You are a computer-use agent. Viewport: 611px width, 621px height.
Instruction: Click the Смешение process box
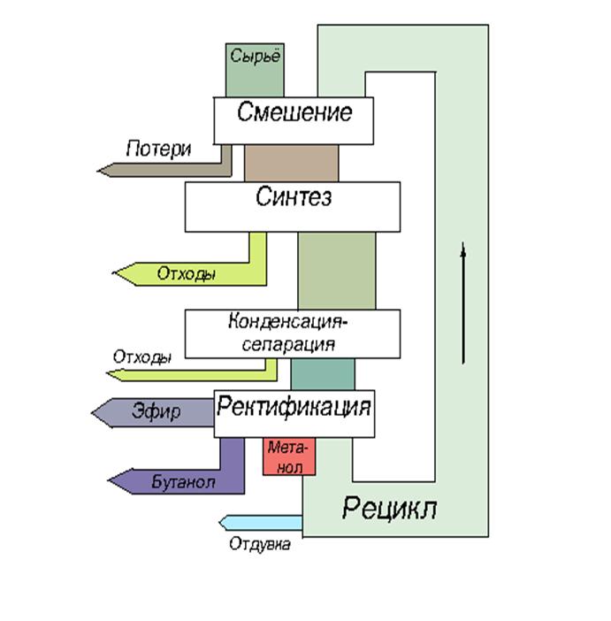tap(293, 119)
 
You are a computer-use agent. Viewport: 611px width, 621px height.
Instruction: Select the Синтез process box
tap(292, 206)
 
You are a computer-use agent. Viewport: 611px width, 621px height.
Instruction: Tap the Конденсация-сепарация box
tap(292, 333)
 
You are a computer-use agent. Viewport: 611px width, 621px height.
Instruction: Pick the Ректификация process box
tap(294, 413)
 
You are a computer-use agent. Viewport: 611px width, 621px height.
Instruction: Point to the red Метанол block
tap(289, 456)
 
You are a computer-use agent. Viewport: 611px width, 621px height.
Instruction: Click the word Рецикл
tap(389, 509)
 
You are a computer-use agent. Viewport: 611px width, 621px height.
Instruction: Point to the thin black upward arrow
tap(462, 301)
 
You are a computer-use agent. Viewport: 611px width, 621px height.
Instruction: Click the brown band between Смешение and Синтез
tap(291, 163)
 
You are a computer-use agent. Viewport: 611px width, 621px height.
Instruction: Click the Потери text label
tap(158, 148)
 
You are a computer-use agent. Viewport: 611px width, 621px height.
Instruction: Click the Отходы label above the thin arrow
tap(142, 357)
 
